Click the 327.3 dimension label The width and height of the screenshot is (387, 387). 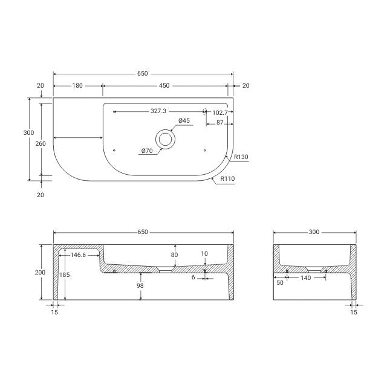click(x=158, y=111)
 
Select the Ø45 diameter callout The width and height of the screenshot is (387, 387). click(x=184, y=121)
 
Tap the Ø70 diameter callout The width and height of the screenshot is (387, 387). click(x=147, y=151)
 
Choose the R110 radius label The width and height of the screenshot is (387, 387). click(x=227, y=178)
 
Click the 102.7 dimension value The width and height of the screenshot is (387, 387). click(x=220, y=112)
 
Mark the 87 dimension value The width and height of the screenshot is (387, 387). click(x=220, y=123)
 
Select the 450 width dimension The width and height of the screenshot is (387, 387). click(x=164, y=86)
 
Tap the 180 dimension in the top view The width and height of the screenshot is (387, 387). click(x=77, y=86)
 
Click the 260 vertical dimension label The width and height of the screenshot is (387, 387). click(x=41, y=143)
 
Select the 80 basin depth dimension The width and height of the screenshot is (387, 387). click(x=175, y=255)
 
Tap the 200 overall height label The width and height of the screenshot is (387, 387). click(x=40, y=272)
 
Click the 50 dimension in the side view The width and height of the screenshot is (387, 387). click(x=279, y=282)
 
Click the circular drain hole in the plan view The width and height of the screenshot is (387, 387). click(x=165, y=138)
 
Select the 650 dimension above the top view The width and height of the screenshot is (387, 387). click(x=142, y=74)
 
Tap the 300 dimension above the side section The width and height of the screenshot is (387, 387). click(x=314, y=232)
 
